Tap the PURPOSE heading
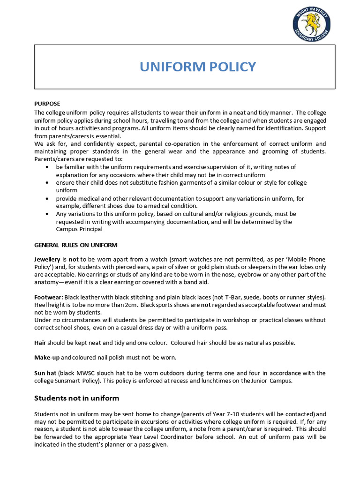[x=47, y=104]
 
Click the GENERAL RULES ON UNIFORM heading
[x=76, y=245]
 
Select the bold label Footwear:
[x=48, y=297]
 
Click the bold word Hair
[x=40, y=343]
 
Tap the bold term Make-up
[x=46, y=358]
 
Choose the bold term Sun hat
[x=45, y=373]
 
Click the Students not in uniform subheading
[x=77, y=398]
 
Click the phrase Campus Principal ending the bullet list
[x=79, y=229]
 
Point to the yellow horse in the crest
[x=311, y=21]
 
